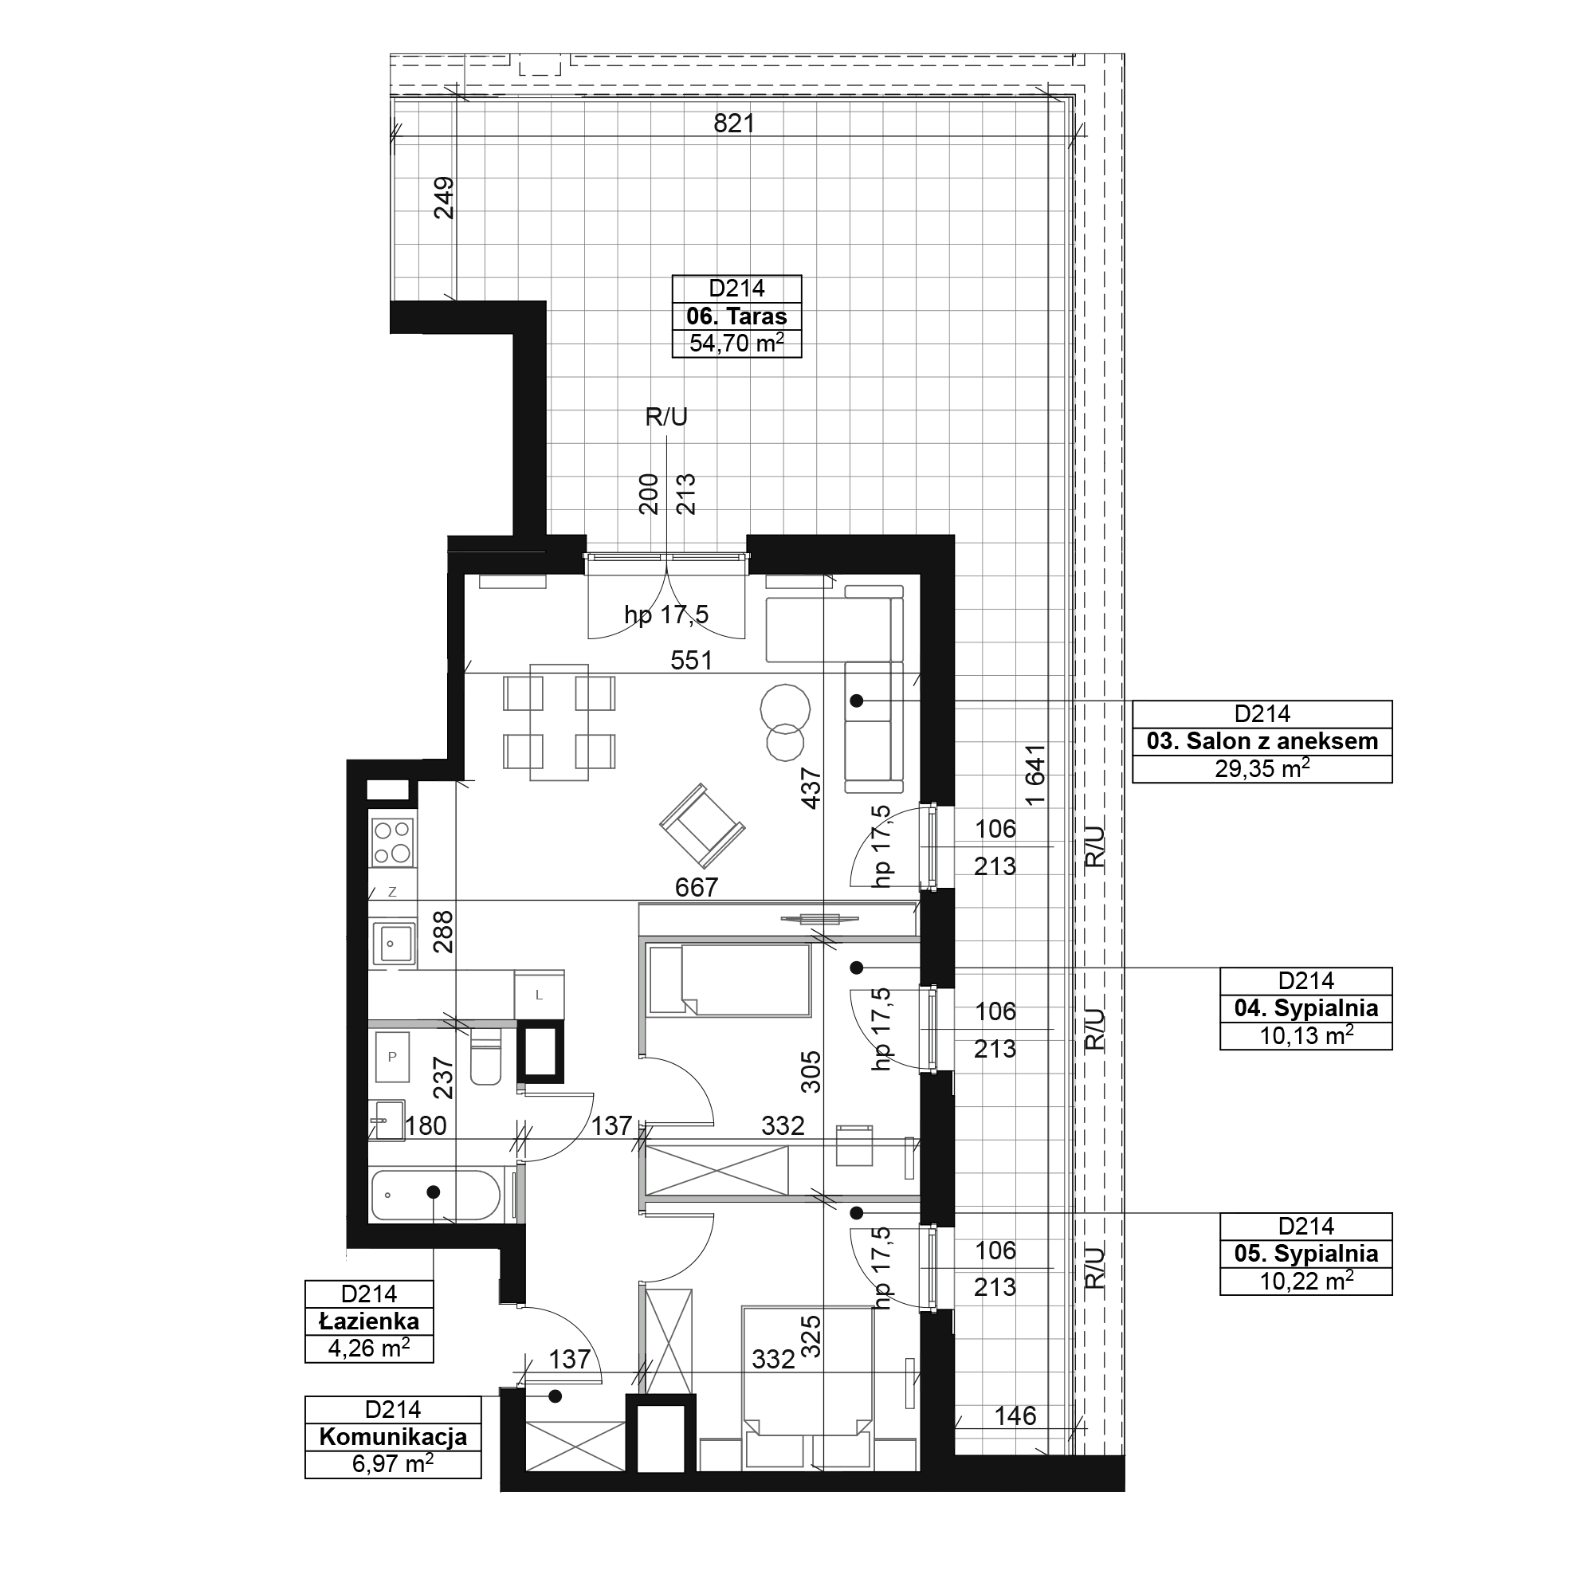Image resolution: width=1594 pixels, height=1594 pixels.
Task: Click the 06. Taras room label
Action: tap(736, 316)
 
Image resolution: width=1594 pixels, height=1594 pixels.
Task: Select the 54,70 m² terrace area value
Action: tap(736, 343)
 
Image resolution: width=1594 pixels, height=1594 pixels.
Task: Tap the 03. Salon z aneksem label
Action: tap(1262, 741)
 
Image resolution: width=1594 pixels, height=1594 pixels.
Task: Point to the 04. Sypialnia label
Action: tap(1306, 1007)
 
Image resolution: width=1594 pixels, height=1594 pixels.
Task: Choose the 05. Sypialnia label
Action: tap(1306, 1253)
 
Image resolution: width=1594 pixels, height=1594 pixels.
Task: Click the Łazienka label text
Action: tap(369, 1321)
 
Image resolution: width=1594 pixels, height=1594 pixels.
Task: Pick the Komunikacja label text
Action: tap(393, 1436)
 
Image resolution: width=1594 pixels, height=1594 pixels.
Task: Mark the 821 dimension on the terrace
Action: tap(734, 123)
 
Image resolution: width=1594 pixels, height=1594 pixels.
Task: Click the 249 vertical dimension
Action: tap(444, 197)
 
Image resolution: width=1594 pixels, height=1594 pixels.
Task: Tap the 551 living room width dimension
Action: tap(691, 660)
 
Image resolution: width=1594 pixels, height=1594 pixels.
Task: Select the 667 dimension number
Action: tap(697, 887)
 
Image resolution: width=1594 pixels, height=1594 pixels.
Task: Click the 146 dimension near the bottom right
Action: tap(1015, 1415)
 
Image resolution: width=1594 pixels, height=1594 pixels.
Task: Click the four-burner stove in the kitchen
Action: tap(393, 842)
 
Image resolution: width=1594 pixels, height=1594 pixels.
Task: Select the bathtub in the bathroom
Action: tap(435, 1195)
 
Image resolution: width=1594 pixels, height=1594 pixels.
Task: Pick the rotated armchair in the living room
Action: tap(702, 826)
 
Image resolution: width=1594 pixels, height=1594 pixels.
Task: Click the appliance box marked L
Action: tap(539, 995)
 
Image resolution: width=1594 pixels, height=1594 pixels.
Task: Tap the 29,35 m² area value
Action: tap(1262, 768)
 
